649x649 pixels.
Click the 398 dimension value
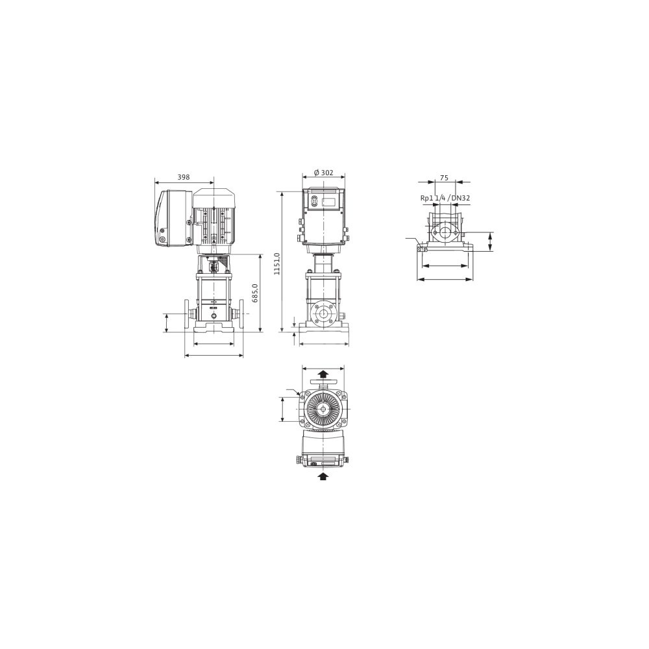tap(184, 177)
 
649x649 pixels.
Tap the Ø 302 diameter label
tap(323, 173)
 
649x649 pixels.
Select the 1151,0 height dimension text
tap(277, 263)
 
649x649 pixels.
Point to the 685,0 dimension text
tap(255, 293)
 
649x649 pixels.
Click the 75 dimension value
tap(444, 178)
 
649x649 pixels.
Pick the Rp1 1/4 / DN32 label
tap(445, 198)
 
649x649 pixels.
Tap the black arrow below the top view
tap(324, 476)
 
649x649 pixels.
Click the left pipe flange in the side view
tap(187, 314)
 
